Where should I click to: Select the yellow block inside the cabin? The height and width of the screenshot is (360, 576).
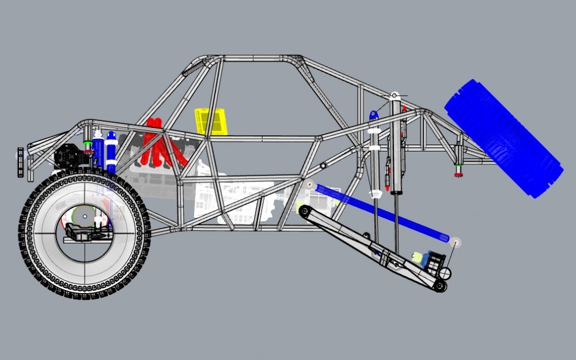(211, 122)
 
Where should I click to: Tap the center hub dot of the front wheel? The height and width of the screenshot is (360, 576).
(85, 217)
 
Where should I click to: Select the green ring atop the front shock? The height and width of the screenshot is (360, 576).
(88, 142)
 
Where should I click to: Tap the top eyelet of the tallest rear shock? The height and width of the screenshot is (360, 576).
(395, 96)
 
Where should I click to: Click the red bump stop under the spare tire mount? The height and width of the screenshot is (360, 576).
(459, 174)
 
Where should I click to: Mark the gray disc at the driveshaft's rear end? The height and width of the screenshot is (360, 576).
(455, 241)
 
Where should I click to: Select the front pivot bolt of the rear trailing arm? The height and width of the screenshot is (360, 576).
(304, 210)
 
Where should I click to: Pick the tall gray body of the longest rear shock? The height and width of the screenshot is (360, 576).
(396, 150)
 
